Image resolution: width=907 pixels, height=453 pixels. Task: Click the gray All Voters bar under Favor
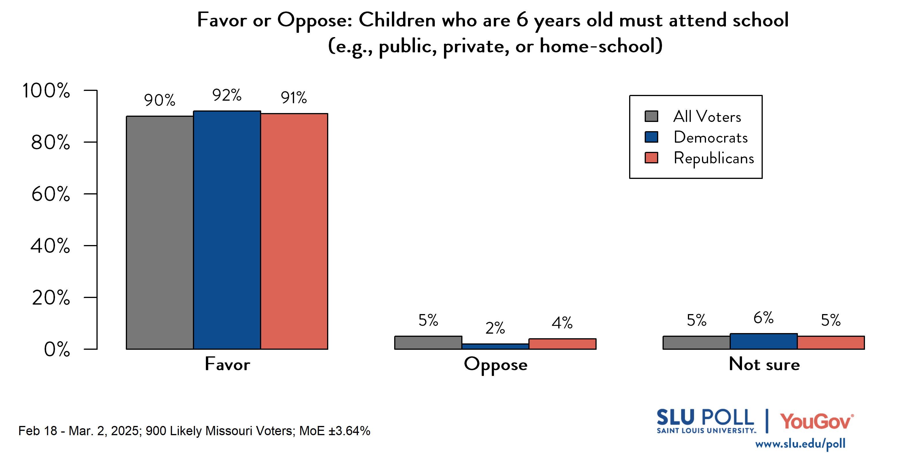point(160,232)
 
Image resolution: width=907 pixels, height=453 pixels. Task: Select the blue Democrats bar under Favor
point(227,230)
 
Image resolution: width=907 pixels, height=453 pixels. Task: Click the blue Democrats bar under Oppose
point(495,346)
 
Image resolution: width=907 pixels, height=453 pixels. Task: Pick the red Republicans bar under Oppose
point(562,344)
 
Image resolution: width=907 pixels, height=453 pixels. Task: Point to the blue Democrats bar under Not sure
point(763,341)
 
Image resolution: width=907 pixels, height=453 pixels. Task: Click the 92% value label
point(227,95)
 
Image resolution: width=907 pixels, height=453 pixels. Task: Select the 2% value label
point(495,328)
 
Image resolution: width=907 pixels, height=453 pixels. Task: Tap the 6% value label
point(763,318)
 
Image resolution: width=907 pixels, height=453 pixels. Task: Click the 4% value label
point(562,323)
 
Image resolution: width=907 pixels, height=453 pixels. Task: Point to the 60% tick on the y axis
point(90,194)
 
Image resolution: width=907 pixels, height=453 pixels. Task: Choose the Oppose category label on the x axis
point(496,364)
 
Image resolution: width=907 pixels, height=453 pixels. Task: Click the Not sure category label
point(764,364)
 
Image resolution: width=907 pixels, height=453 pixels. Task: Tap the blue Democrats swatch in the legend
point(651,137)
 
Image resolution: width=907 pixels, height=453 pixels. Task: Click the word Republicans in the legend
point(714,158)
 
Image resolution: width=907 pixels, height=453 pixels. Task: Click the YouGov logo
point(817,421)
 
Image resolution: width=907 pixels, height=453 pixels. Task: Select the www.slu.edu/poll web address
point(800,444)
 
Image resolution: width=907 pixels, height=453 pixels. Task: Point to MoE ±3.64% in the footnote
point(335,431)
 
